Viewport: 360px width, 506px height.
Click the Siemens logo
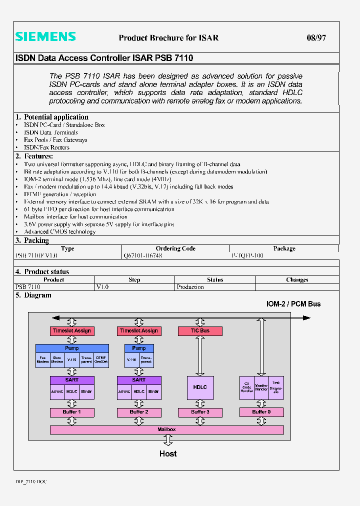pos(45,36)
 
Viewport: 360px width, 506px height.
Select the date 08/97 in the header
pos(316,37)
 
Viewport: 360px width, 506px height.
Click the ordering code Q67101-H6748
pos(142,255)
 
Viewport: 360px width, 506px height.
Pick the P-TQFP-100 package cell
pos(247,255)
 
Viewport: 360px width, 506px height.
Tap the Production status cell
pos(190,287)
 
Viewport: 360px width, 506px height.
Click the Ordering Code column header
pos(175,248)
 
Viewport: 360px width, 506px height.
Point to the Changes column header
pos(297,280)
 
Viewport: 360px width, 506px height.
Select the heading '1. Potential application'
pos(51,117)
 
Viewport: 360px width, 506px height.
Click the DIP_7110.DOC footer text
pos(31,481)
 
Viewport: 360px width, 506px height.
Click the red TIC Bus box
pos(200,331)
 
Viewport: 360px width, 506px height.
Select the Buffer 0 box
pos(261,412)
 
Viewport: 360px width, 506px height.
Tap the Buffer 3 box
pos(200,412)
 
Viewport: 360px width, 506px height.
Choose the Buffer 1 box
pos(72,412)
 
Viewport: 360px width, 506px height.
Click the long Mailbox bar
pos(166,429)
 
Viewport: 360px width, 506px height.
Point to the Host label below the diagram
pos(168,453)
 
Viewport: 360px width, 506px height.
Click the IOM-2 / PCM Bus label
pos(293,304)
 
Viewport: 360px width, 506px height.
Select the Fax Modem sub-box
pos(43,360)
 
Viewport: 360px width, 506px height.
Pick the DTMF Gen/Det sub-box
pos(101,360)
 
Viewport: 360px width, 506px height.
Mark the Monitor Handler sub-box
pos(261,388)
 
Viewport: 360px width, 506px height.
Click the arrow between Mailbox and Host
pos(168,440)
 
